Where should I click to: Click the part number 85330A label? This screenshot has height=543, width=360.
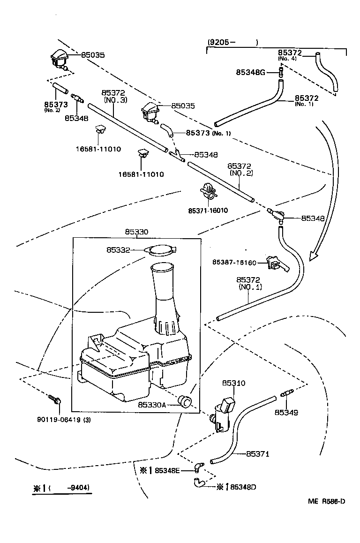tap(152, 404)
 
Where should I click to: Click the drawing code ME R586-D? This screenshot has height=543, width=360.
tap(327, 501)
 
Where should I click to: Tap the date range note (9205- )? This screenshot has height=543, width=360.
tap(232, 42)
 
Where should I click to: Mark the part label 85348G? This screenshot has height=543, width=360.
tap(250, 72)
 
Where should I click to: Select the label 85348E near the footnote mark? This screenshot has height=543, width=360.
tap(167, 470)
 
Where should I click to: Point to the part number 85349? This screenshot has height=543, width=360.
tap(286, 412)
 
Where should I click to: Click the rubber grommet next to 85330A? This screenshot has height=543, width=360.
tap(186, 402)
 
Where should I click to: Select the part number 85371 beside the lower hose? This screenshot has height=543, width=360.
tap(258, 453)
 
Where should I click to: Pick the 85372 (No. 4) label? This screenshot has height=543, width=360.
tap(289, 55)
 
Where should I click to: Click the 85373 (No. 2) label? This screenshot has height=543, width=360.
tap(56, 106)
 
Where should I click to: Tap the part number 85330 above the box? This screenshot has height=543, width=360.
tap(137, 232)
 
